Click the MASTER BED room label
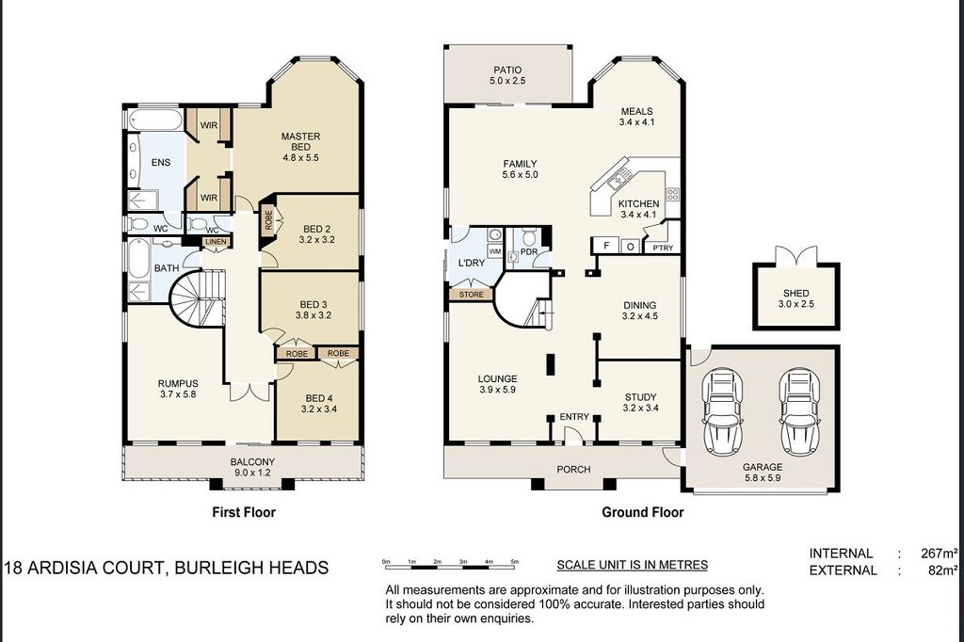click(x=300, y=141)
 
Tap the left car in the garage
click(x=722, y=409)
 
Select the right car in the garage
click(x=799, y=409)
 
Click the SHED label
click(x=796, y=294)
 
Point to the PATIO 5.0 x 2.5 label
click(x=507, y=75)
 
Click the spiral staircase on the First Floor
click(x=197, y=298)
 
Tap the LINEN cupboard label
click(x=216, y=242)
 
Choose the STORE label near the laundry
click(x=472, y=295)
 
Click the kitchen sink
click(x=618, y=178)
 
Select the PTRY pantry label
click(x=663, y=248)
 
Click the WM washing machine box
click(x=495, y=251)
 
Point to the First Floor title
click(x=244, y=512)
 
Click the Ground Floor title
click(x=642, y=512)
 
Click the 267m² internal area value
click(x=940, y=553)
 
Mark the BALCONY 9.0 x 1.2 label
click(x=252, y=467)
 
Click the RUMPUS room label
click(x=178, y=389)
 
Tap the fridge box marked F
click(x=606, y=246)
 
